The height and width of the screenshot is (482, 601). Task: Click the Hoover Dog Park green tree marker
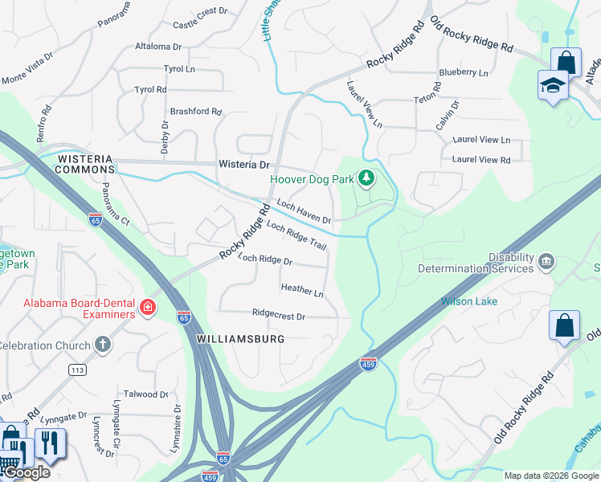[x=366, y=178]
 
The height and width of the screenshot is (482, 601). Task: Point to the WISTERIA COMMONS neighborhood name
[x=85, y=165]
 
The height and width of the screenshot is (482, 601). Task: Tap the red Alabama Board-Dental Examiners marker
[x=147, y=308]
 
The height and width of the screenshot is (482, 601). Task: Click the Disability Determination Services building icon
[x=546, y=261]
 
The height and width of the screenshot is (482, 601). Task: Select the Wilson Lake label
[x=468, y=301]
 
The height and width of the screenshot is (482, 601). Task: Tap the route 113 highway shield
[x=77, y=370]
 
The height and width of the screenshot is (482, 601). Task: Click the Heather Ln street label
[x=301, y=290]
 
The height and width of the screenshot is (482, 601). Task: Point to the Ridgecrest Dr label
[x=278, y=317]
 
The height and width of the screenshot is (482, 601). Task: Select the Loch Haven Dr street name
[x=304, y=212]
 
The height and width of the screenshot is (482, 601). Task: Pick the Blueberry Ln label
[x=463, y=72]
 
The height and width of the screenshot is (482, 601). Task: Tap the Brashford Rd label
[x=195, y=112]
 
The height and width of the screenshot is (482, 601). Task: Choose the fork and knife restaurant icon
[x=50, y=443]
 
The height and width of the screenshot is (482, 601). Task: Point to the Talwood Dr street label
[x=147, y=394]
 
